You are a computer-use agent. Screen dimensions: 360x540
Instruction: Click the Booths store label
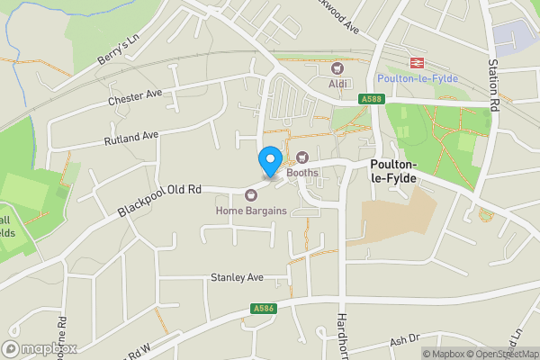[x=302, y=172]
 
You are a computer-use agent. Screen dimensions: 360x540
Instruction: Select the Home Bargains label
[x=251, y=211]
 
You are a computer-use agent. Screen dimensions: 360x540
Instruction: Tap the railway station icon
[x=417, y=62]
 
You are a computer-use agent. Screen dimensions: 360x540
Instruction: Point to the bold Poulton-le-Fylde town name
[x=394, y=172]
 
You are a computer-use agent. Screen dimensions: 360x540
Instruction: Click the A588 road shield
[x=371, y=99]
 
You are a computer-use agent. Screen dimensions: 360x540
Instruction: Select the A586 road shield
[x=262, y=309]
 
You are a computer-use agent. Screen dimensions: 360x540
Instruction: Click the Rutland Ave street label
[x=130, y=137]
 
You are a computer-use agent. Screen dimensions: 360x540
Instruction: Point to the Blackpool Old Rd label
[x=157, y=201]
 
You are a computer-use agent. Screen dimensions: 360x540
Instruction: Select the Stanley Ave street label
[x=236, y=277]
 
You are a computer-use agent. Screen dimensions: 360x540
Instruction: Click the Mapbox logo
[x=40, y=348]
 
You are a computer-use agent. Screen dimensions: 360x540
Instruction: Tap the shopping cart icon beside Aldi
[x=338, y=67]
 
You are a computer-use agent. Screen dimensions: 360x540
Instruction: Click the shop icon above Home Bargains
[x=251, y=194]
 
